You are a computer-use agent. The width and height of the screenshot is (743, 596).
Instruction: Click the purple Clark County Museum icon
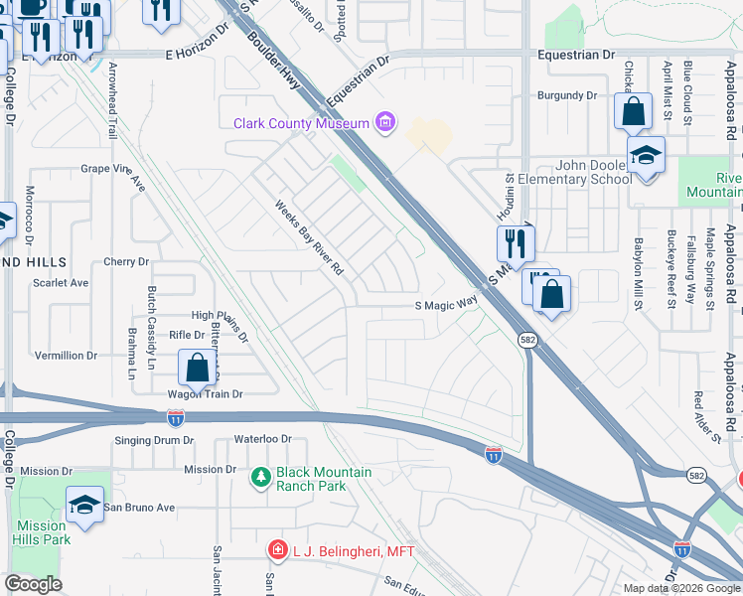point(385,123)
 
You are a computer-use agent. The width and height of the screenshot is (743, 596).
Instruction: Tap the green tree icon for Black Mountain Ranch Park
point(262,479)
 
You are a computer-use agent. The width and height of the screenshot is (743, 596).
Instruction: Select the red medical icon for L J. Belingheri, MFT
point(278,549)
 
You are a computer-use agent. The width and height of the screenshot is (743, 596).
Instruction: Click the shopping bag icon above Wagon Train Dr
point(198,368)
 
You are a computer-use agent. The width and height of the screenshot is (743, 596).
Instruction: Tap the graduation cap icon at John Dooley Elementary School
point(646,156)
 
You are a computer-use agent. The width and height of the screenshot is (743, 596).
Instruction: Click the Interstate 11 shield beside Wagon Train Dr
point(176,417)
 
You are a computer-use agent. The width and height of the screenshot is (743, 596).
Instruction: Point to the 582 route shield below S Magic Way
point(528,340)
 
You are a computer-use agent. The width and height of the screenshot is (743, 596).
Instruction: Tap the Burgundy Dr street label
point(566,96)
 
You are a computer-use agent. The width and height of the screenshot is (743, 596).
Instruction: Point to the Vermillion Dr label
point(67,355)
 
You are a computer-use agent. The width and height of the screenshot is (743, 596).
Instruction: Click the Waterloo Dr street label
point(262,438)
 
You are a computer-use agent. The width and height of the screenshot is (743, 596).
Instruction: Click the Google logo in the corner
point(33,584)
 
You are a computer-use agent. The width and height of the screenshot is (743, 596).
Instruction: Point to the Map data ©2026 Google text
point(680,588)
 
